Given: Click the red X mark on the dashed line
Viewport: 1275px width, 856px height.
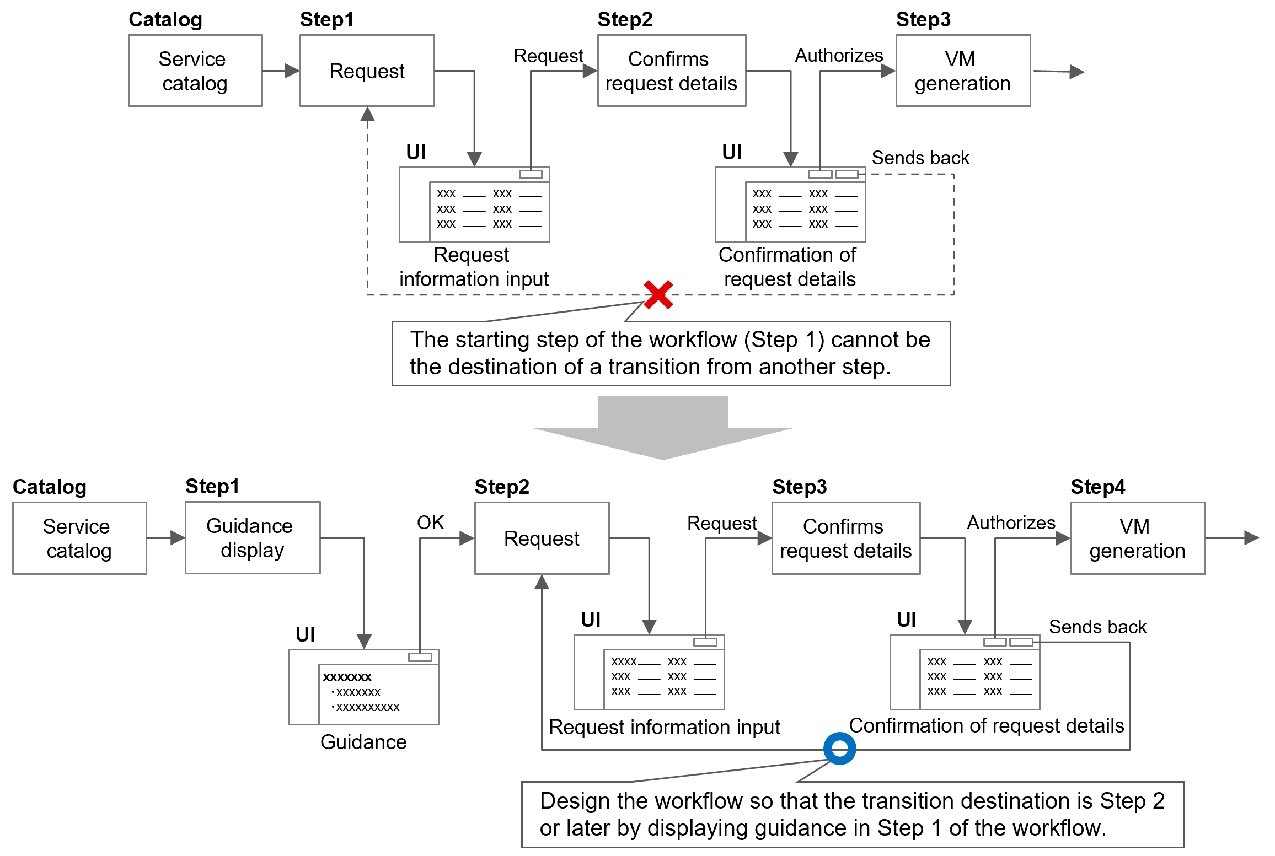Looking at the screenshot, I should click(658, 294).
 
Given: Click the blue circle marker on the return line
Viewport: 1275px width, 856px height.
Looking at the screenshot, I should click(839, 748).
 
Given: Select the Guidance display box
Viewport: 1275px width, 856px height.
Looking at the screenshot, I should click(252, 537).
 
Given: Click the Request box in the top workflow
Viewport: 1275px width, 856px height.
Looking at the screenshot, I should click(367, 71).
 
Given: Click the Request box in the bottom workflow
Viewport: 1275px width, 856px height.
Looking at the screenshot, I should click(542, 538).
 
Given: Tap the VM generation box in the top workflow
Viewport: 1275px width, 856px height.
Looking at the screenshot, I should click(962, 71).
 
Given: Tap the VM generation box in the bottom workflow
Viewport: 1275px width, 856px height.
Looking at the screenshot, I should click(1137, 538).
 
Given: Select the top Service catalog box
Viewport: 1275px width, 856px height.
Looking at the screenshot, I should click(195, 71).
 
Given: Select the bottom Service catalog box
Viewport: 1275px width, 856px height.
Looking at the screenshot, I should click(79, 538).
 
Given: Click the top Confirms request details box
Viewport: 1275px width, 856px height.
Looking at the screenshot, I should click(671, 71).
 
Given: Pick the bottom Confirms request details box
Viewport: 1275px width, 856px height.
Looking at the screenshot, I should click(845, 538).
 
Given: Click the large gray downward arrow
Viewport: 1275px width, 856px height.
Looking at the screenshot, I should click(663, 430).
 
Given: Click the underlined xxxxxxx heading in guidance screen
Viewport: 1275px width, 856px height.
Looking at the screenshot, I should click(347, 677).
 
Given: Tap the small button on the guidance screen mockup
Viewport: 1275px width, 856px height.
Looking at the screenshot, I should click(420, 657).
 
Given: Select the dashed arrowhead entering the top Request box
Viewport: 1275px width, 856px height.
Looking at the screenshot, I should click(367, 115).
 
